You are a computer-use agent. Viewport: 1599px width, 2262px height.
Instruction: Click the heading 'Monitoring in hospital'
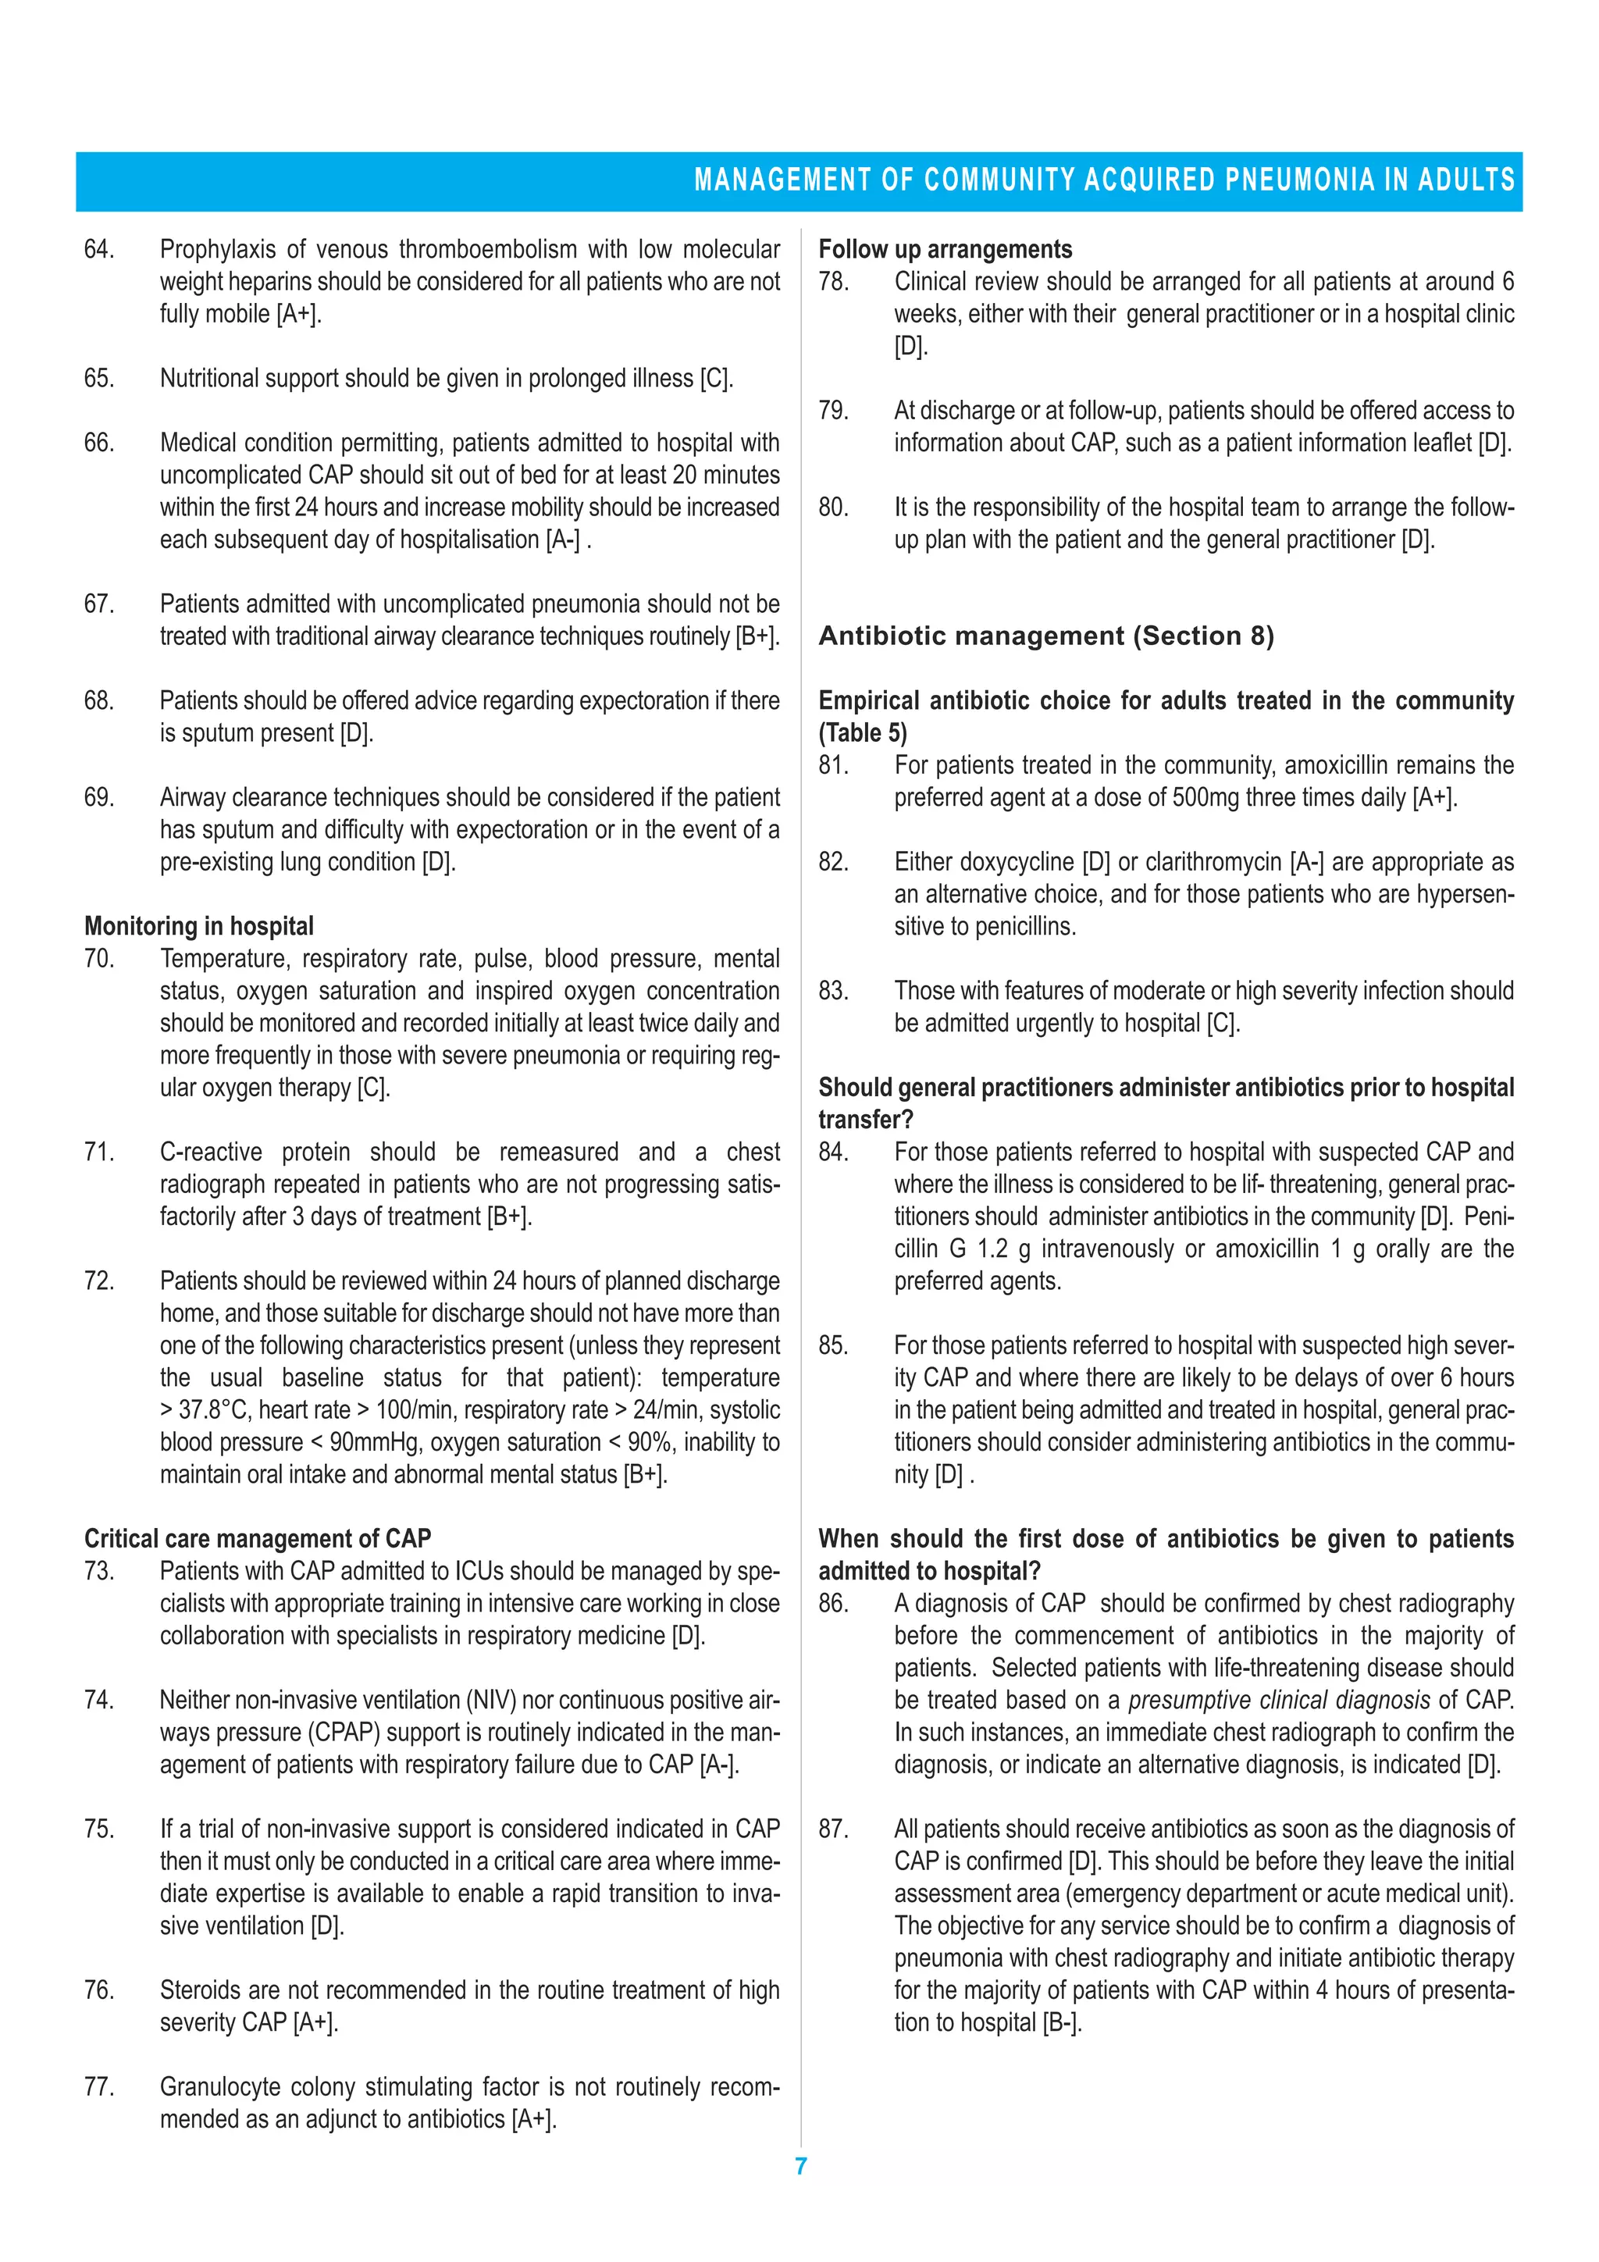(x=199, y=926)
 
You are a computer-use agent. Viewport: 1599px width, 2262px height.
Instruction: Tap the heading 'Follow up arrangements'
(x=945, y=249)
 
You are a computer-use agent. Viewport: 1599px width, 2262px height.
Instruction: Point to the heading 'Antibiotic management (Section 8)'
(x=1046, y=636)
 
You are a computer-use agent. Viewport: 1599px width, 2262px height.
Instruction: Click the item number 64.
(x=98, y=249)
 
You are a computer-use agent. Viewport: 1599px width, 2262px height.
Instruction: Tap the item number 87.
(x=834, y=1829)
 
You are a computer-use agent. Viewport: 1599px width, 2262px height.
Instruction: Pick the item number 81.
(x=834, y=765)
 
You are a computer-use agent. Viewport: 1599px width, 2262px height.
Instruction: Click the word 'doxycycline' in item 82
(x=1012, y=862)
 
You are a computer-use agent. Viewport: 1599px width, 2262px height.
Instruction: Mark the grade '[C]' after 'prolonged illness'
(x=715, y=379)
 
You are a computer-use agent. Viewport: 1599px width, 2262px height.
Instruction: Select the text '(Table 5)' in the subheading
(x=863, y=733)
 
